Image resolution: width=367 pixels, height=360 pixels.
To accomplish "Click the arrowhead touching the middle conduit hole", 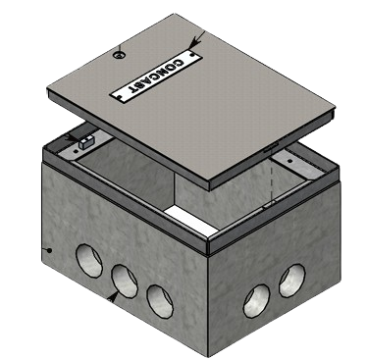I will pyautogui.click(x=115, y=291).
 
